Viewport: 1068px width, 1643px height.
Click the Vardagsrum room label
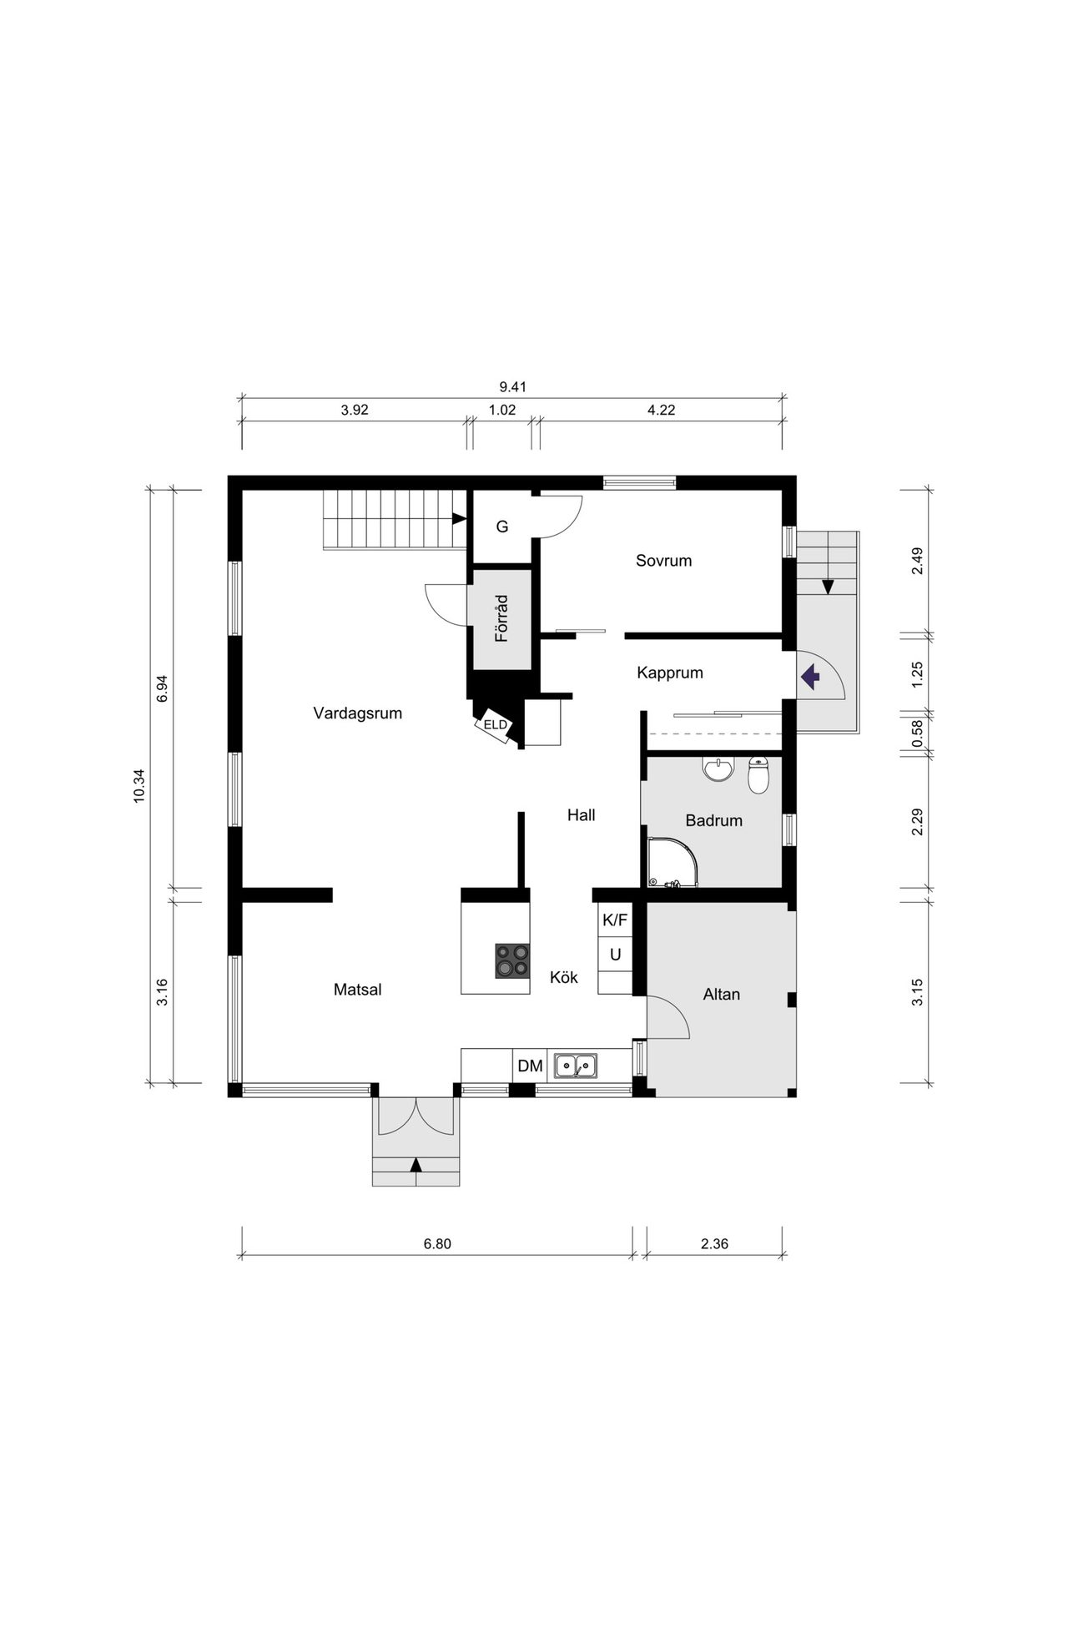(358, 713)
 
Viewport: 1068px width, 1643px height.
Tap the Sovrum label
(664, 561)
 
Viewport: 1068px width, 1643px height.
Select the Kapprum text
(670, 673)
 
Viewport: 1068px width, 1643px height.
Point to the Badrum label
(714, 821)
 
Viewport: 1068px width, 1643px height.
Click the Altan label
(722, 995)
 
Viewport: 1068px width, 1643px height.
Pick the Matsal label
(358, 990)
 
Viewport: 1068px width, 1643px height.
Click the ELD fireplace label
(495, 725)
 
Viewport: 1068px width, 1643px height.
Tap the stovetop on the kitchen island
(512, 960)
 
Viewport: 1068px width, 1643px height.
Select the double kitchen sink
(576, 1066)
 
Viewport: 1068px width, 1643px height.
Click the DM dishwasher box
(530, 1066)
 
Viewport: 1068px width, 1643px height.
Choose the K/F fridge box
(615, 920)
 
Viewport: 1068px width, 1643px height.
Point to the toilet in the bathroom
(758, 776)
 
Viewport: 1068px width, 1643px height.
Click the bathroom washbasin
(718, 769)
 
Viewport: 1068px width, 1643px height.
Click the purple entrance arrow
(809, 676)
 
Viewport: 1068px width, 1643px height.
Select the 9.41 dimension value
(513, 387)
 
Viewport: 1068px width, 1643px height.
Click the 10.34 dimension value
(139, 786)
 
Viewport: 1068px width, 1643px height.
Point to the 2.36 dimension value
(715, 1244)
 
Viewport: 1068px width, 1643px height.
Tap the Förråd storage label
(501, 618)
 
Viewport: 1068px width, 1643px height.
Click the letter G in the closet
(502, 527)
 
